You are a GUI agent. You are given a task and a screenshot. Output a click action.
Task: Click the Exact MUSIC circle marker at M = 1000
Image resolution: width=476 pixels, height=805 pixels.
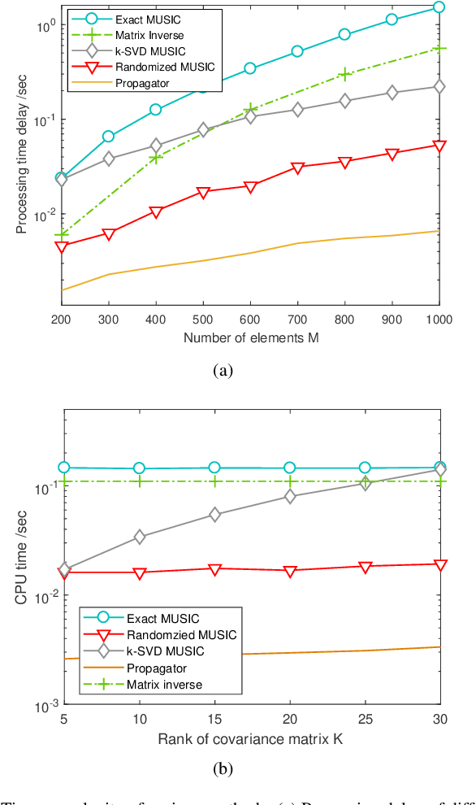pos(439,7)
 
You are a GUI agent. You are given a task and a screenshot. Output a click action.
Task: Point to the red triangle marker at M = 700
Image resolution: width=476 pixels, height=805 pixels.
pos(297,168)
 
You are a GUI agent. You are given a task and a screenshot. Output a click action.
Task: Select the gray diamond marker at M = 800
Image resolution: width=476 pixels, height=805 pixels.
pos(344,101)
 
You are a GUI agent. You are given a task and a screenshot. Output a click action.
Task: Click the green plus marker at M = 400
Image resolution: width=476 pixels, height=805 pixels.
pos(155,157)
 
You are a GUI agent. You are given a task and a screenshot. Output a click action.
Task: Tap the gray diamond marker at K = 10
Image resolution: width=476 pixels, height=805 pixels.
pos(139,537)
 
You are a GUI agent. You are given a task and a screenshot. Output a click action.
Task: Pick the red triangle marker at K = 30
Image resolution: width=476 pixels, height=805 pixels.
pos(439,564)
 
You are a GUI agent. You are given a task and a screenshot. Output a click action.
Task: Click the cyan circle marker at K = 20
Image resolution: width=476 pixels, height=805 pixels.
pos(289,468)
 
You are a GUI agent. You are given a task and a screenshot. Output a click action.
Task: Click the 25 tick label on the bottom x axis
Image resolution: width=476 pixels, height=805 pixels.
pos(365,719)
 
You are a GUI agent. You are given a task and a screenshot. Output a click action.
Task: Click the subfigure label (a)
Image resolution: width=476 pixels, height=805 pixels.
pos(222,371)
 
